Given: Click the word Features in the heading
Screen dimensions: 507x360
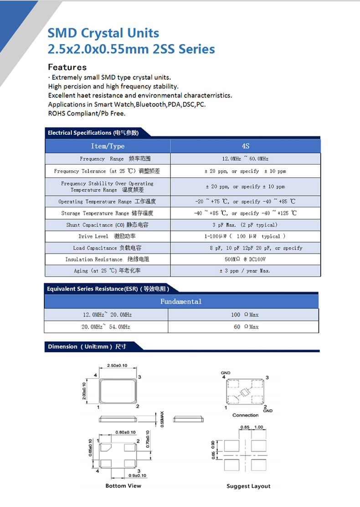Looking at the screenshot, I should (67, 67).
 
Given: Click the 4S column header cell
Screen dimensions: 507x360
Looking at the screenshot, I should (245, 146).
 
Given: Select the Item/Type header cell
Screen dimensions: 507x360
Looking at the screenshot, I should (108, 146).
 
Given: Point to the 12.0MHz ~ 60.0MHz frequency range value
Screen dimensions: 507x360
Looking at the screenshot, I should (245, 159).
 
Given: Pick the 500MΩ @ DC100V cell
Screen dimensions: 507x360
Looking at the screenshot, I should (245, 260).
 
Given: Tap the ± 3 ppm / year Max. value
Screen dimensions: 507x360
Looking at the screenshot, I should (245, 271).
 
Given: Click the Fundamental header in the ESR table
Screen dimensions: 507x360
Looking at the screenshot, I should (181, 302).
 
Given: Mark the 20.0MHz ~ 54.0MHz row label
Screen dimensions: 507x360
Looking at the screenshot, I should (106, 327).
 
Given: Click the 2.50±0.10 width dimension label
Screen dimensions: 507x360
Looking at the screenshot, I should (117, 366).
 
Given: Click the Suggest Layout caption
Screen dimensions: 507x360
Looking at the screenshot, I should (248, 486).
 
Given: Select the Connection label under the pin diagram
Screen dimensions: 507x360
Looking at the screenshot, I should (245, 415).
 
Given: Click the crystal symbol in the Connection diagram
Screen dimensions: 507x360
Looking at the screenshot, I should (245, 392).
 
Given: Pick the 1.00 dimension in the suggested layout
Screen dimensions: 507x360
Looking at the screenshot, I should (258, 427).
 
